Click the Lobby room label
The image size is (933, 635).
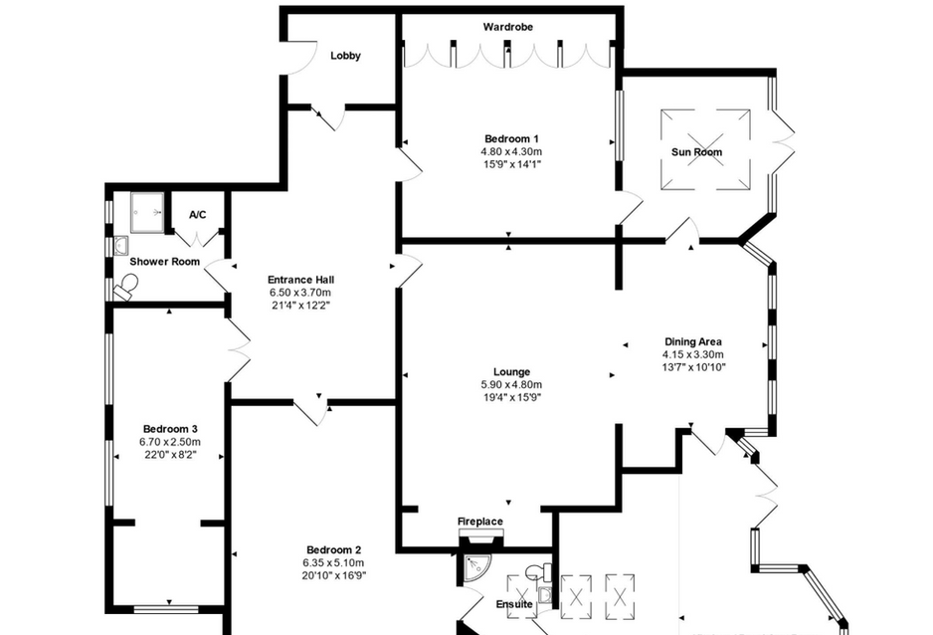(x=346, y=56)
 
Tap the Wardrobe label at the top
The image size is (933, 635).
(x=507, y=27)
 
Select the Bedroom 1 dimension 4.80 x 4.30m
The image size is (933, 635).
(x=511, y=151)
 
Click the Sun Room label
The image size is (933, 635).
(x=697, y=151)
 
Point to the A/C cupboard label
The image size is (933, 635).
(x=198, y=214)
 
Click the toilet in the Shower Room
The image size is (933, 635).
(x=126, y=287)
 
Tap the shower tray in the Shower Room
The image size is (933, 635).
(x=147, y=212)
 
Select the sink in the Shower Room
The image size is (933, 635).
(x=121, y=245)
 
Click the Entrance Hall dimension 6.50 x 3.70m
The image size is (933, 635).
(x=300, y=293)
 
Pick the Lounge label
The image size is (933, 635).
(x=511, y=372)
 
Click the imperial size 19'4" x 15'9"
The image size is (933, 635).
(x=511, y=397)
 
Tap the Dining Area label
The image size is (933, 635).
(x=693, y=341)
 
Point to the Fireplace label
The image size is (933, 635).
(x=480, y=522)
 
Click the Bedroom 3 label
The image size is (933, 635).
(x=170, y=429)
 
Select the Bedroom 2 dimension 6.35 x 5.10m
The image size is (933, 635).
(x=334, y=562)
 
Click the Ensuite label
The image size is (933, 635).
(x=514, y=604)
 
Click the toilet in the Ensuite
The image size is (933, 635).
(x=538, y=572)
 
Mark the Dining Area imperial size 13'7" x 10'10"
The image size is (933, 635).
(x=694, y=367)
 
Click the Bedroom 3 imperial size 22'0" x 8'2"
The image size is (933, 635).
(x=170, y=455)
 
